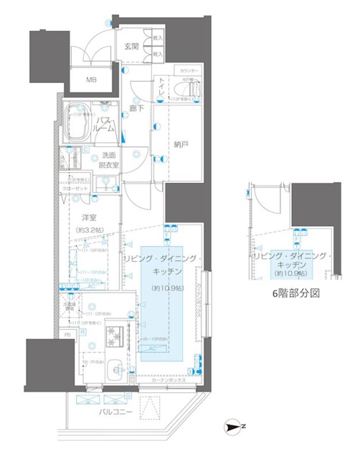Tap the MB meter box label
pyautogui.click(x=93, y=80)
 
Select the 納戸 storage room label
pyautogui.click(x=181, y=144)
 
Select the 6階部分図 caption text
pyautogui.click(x=297, y=293)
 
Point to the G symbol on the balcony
pyautogui.click(x=128, y=394)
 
